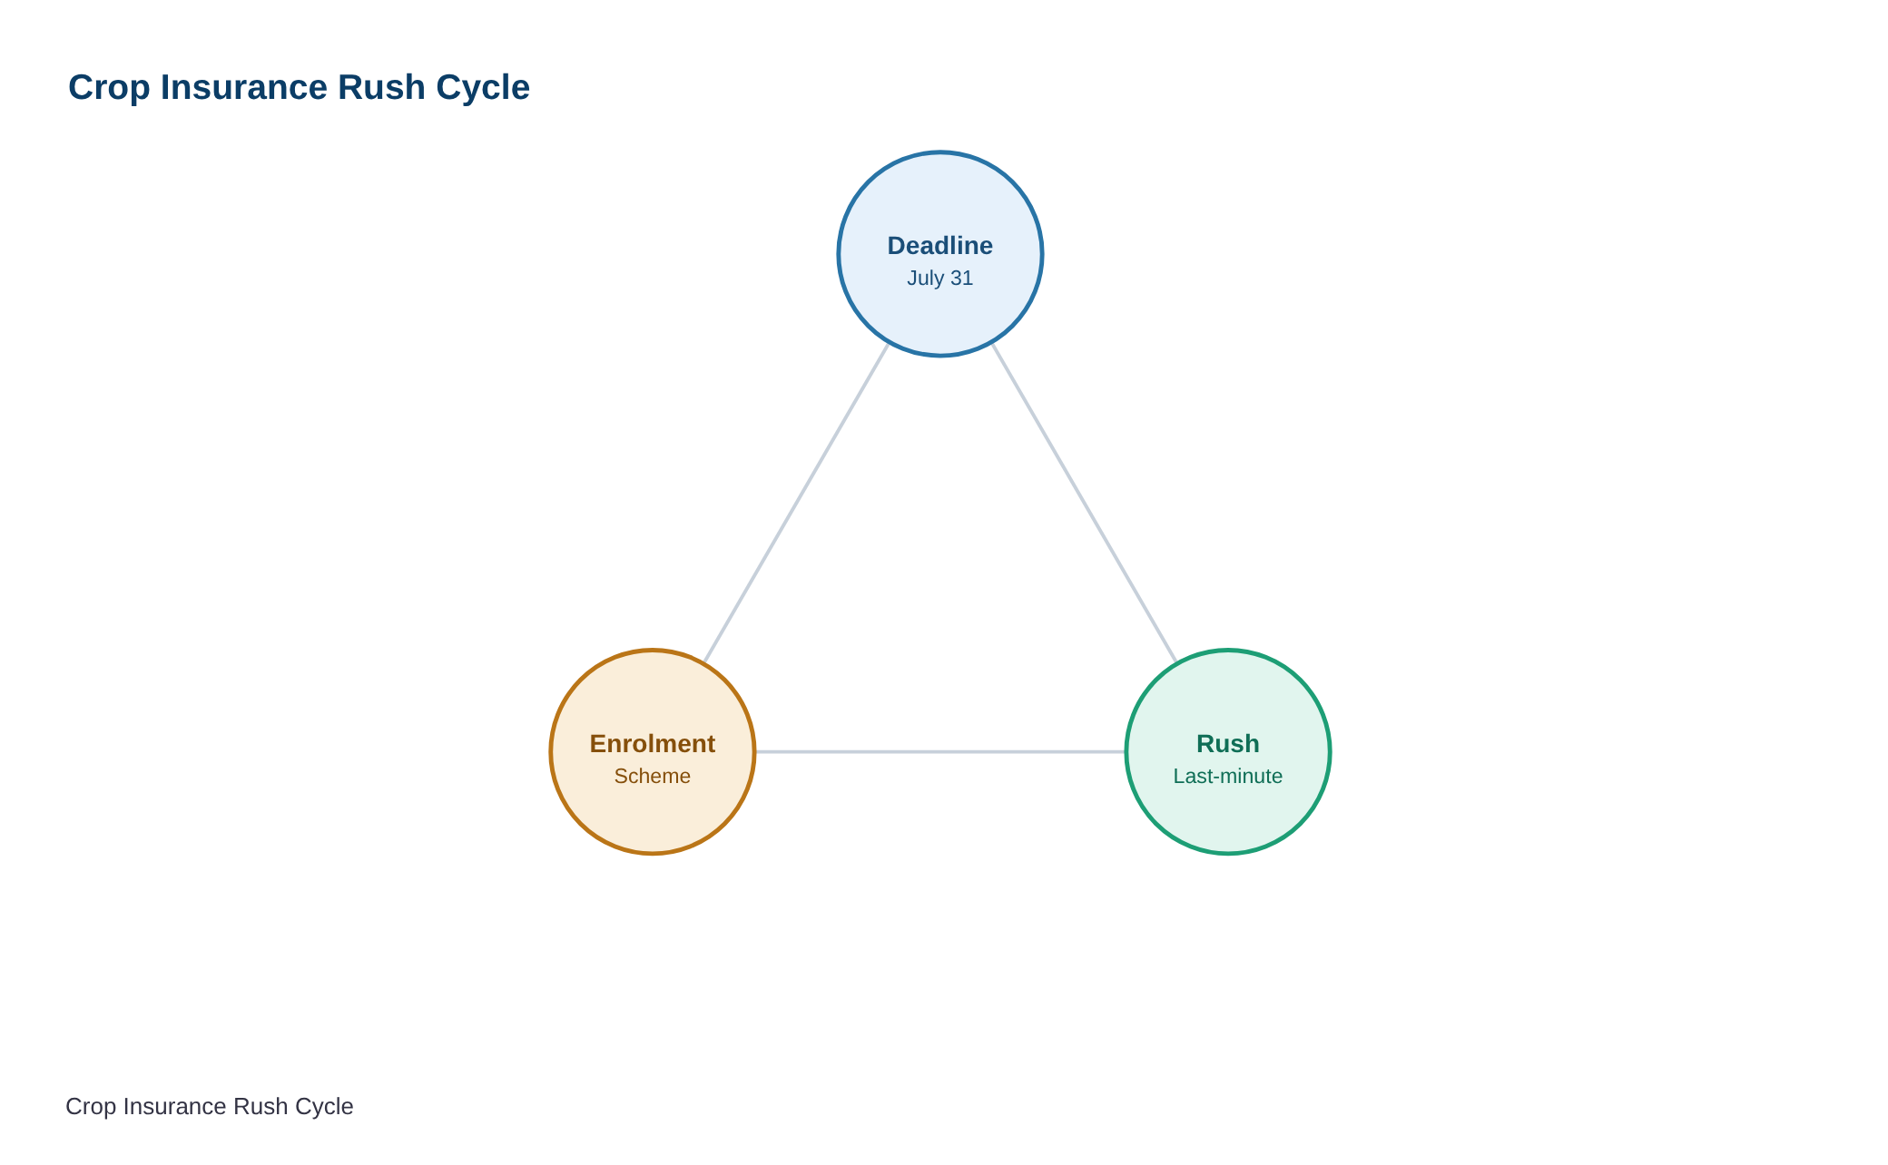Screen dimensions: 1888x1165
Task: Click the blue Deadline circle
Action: point(940,254)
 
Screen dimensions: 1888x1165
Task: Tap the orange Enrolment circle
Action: point(653,752)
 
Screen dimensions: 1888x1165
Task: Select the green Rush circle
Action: point(1228,752)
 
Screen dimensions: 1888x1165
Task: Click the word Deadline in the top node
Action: point(940,246)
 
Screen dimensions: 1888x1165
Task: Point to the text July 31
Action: point(940,279)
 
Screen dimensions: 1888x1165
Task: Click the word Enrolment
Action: point(653,744)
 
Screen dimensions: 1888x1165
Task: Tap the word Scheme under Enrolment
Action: point(653,777)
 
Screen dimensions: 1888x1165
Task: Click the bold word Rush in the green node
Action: point(1228,744)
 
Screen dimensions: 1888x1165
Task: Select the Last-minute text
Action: point(1228,777)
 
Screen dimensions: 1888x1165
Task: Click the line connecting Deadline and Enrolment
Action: point(797,503)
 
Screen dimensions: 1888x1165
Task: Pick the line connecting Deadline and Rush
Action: point(1085,503)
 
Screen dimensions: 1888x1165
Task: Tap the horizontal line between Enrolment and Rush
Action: point(940,752)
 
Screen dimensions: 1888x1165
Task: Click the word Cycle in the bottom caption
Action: point(323,1107)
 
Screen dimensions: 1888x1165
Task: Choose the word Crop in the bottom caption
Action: point(91,1107)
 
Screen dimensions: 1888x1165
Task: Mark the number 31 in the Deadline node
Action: point(961,279)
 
